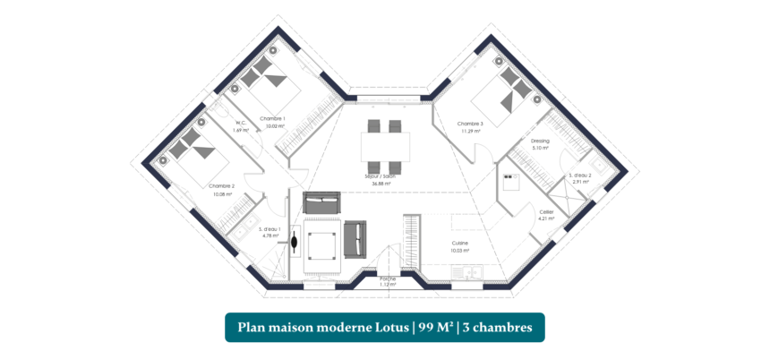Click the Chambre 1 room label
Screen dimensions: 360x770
coord(272,118)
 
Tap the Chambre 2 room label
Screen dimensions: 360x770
coord(222,186)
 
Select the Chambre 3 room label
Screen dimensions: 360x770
coord(469,124)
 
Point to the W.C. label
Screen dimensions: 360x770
coord(240,123)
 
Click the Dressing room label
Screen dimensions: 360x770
coord(540,141)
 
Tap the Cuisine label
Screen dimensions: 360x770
coord(459,243)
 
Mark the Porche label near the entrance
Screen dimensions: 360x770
coord(388,279)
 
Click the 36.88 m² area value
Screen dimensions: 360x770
coord(386,184)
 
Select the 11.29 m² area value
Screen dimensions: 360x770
coord(471,132)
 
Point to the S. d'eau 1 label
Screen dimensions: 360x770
coord(269,229)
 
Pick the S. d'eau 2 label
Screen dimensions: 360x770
coord(580,175)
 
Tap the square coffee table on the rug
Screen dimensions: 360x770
coord(321,244)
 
